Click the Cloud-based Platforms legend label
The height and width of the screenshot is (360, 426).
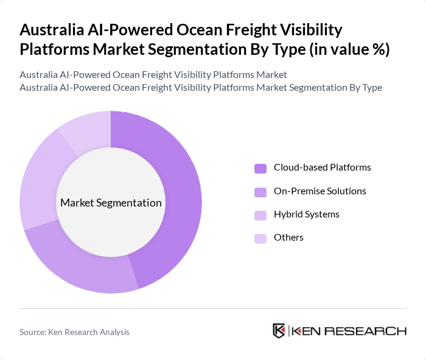[x=322, y=168]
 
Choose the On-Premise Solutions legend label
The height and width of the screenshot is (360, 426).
[x=319, y=191]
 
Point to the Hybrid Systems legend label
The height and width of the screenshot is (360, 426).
[x=306, y=214]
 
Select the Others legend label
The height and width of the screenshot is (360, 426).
[x=288, y=238]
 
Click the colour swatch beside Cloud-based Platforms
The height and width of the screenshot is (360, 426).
[x=260, y=168]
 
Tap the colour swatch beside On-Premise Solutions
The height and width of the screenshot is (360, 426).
[x=260, y=192]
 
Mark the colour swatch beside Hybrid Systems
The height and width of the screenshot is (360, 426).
[x=260, y=215]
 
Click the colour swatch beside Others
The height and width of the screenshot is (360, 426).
[x=260, y=238]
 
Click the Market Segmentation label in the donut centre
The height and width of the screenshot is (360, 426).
[x=111, y=203]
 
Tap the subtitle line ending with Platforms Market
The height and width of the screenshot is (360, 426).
[x=153, y=75]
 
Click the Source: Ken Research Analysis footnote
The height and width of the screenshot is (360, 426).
[x=74, y=332]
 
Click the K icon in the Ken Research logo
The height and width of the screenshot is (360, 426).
[x=279, y=331]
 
